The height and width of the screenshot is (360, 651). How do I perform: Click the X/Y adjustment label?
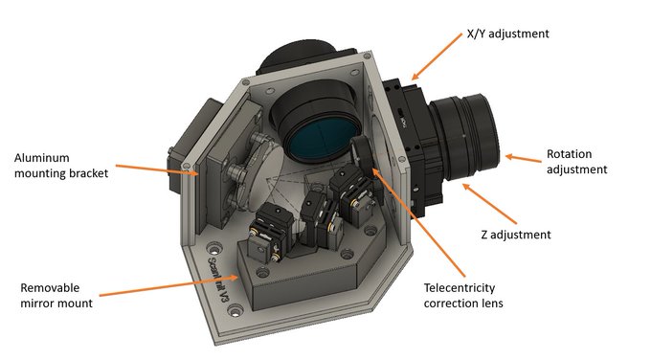point(507,34)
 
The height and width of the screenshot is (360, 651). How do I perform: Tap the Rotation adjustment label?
point(576,162)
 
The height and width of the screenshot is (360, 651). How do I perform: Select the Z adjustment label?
point(516,235)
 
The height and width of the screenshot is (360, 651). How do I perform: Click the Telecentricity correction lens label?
point(463,295)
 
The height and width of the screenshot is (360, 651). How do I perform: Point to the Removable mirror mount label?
point(56,295)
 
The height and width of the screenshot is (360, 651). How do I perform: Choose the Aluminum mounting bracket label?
point(61,166)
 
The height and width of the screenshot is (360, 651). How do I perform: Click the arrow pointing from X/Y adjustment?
point(437,56)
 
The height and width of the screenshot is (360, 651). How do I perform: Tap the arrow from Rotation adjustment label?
point(523,158)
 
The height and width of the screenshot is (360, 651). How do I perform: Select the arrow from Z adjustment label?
point(489,204)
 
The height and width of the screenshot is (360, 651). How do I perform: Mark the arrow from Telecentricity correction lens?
point(418,222)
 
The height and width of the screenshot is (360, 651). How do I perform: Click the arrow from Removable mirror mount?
point(169,285)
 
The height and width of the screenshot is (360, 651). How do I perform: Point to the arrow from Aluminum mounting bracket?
point(157,169)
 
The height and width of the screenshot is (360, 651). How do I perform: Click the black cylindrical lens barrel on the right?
point(465,139)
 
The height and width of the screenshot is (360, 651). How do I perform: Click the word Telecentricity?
point(460,288)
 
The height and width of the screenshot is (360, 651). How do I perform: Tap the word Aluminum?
point(41,158)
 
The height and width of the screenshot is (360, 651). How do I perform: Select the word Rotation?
point(569,154)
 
